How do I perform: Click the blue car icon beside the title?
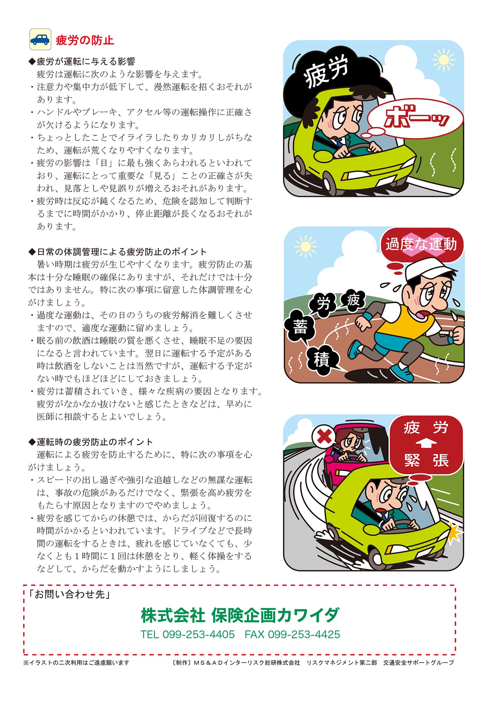(40, 39)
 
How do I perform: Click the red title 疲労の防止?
(85, 40)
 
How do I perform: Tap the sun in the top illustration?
(443, 59)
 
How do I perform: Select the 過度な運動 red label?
(421, 245)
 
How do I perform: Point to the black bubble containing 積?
(321, 359)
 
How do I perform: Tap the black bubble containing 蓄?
(300, 326)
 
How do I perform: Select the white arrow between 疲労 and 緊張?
(426, 444)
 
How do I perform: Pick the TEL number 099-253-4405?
(188, 634)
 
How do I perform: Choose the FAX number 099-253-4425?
(292, 634)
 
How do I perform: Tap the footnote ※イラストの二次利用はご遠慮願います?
(76, 663)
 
